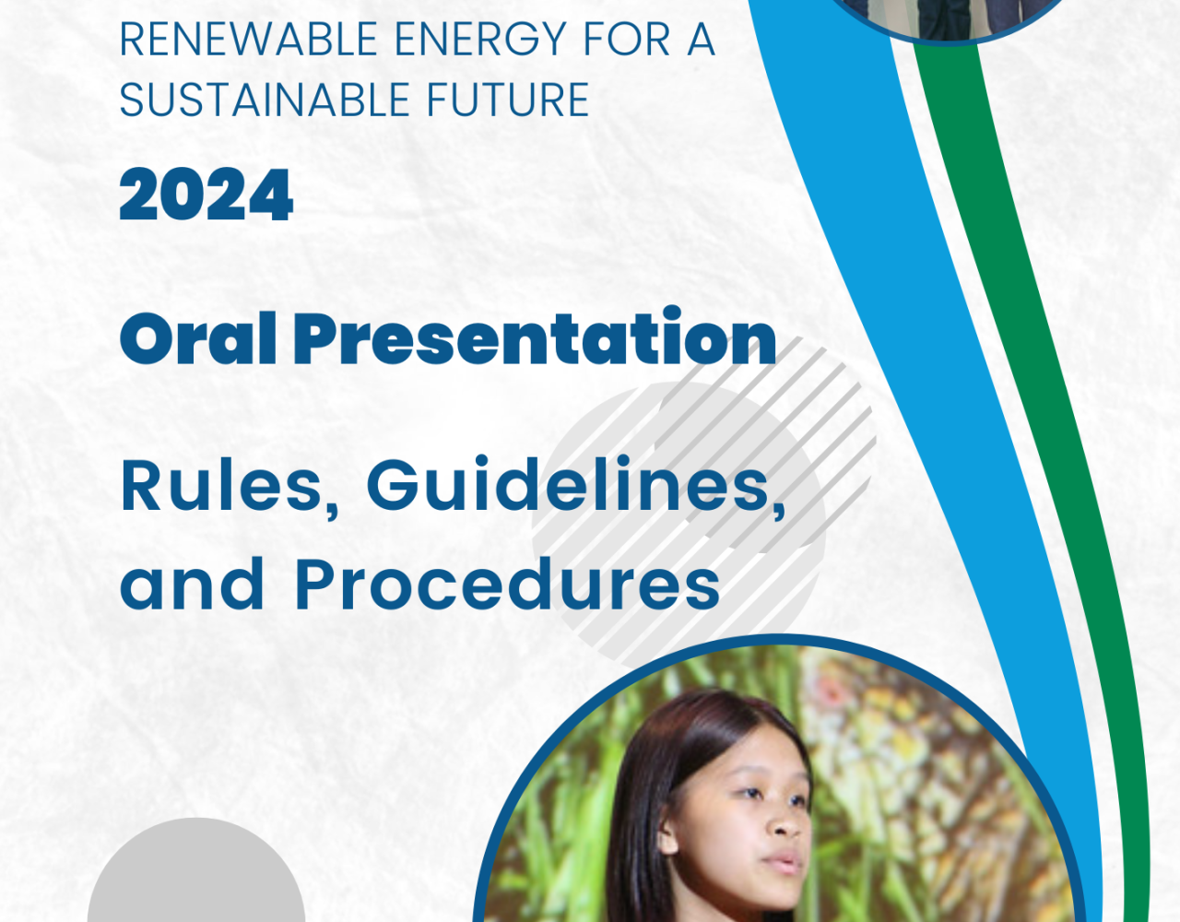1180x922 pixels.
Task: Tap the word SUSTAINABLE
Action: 265,100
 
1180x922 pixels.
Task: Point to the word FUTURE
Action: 508,100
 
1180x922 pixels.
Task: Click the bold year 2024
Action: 206,195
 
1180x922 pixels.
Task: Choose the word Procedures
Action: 508,584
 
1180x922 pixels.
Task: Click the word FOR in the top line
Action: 627,40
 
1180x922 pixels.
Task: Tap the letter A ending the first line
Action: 701,40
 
